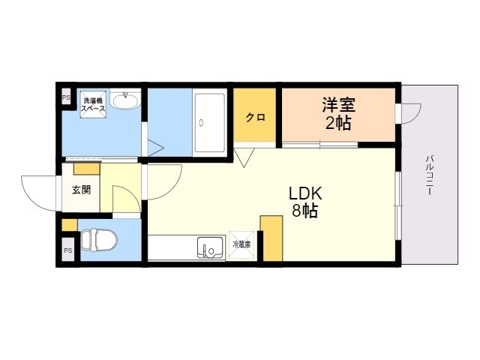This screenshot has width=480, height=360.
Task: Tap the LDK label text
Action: click(304, 193)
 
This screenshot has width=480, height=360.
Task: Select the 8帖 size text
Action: click(304, 211)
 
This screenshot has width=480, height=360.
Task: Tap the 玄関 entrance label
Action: click(80, 189)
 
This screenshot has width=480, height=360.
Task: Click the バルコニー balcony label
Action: click(430, 175)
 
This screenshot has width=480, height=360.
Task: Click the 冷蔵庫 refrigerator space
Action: click(241, 245)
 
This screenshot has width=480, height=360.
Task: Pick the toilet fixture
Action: click(97, 239)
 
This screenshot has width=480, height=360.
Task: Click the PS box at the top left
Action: click(66, 97)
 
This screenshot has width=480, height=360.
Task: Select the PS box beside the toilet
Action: click(67, 250)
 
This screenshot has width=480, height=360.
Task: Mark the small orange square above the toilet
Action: click(69, 224)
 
